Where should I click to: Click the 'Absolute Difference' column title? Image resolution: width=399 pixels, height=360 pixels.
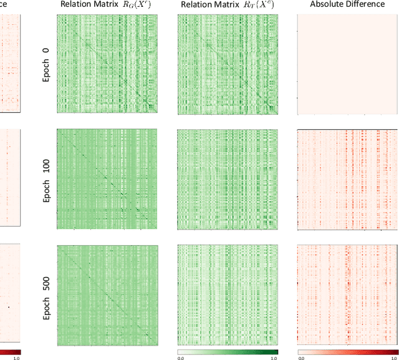348,4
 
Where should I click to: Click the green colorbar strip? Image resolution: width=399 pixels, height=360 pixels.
228,351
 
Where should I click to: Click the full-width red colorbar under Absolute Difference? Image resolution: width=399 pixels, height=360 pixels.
348,351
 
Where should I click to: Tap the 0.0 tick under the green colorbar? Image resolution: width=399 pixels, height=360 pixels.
180,358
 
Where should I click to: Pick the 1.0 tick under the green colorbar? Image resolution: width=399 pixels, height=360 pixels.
274,358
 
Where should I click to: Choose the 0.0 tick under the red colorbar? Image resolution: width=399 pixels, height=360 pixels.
300,358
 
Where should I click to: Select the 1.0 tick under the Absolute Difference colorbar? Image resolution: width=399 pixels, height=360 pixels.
394,358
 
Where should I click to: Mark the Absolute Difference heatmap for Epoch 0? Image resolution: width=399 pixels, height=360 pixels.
348,64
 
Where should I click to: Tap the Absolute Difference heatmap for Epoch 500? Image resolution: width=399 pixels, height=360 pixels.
348,293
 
